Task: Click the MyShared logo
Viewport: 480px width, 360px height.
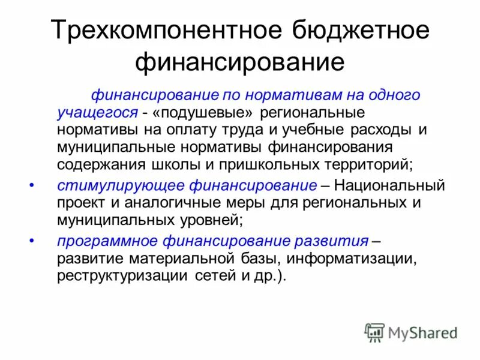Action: coord(412,332)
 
